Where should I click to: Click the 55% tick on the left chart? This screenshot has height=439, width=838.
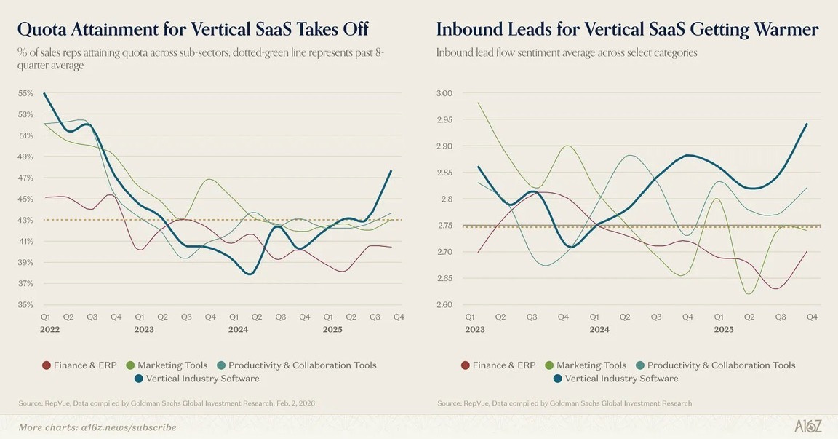point(25,94)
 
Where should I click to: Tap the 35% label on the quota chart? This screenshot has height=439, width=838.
point(25,304)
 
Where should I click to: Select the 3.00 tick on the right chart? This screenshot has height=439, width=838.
point(444,94)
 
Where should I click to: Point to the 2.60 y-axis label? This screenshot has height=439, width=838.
point(444,304)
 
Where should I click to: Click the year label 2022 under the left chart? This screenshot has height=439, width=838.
point(49,329)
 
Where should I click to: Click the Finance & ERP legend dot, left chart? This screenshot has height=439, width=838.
point(47,365)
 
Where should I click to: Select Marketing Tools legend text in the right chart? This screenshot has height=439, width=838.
point(591,365)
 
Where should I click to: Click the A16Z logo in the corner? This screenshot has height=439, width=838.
point(807,427)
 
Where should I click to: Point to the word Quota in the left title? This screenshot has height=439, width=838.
point(41,29)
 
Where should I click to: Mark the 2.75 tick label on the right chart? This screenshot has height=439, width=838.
point(444,226)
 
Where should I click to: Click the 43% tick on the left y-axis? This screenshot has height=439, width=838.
point(25,220)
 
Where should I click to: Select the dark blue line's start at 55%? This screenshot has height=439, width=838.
point(44,93)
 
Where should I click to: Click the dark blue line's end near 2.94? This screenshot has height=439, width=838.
point(807,124)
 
